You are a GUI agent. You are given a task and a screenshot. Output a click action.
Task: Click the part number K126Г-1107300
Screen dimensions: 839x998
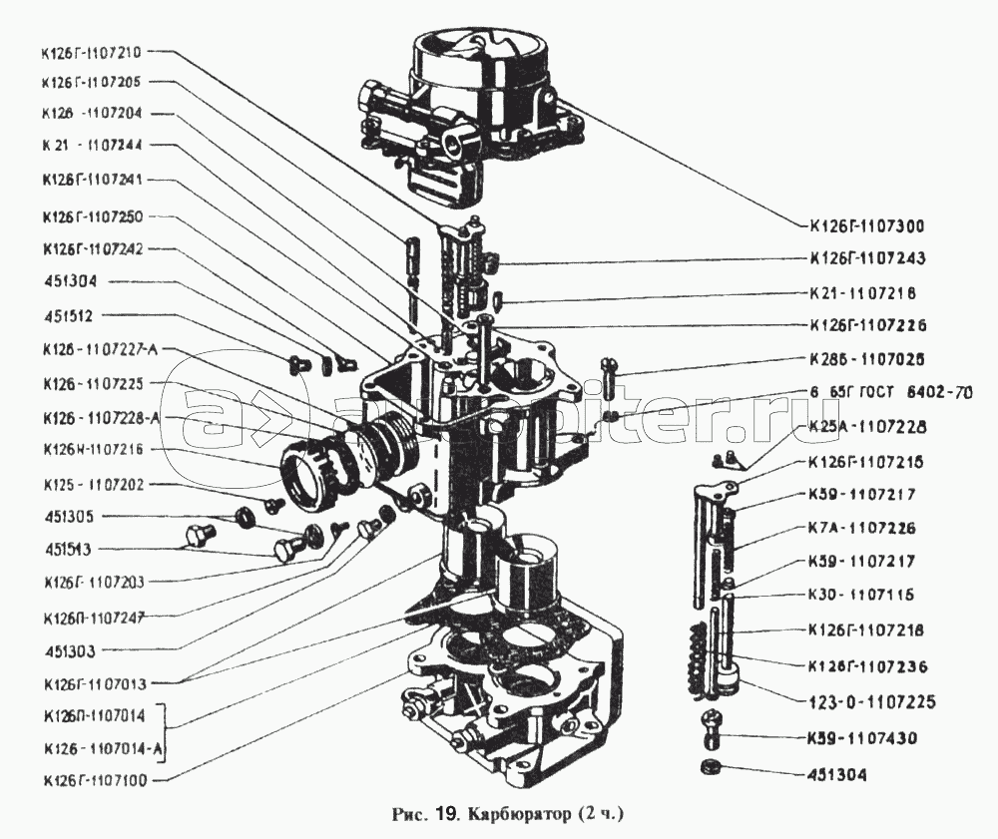coord(867,225)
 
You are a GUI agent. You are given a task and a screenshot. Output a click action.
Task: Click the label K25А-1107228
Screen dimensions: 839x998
coord(867,427)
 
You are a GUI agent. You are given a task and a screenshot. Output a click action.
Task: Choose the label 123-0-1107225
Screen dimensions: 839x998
coord(871,702)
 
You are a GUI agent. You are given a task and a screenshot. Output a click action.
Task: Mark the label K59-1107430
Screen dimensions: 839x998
coord(867,739)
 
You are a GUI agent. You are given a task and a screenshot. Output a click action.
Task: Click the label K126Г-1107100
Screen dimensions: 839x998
coord(92,780)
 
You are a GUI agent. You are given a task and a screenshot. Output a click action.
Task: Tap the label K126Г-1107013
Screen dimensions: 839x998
coord(92,684)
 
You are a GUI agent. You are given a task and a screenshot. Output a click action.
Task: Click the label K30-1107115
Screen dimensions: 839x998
coord(867,596)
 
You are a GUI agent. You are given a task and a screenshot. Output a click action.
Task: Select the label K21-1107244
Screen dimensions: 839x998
coord(92,146)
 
